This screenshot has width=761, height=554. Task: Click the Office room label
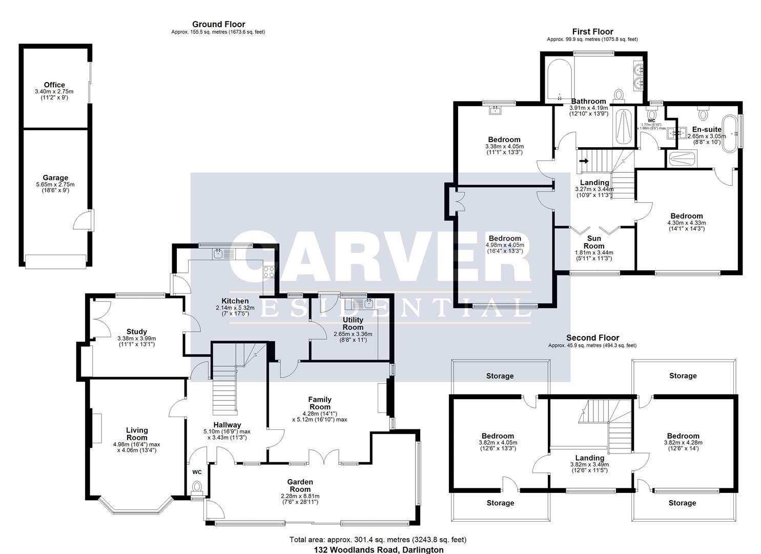[54, 85]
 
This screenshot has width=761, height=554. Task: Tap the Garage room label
[55, 178]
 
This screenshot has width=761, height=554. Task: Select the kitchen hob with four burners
[269, 272]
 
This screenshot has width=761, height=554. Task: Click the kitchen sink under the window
[219, 253]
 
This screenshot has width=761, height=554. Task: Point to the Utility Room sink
[368, 304]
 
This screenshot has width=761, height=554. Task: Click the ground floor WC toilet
[197, 487]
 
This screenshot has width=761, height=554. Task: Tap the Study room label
[136, 331]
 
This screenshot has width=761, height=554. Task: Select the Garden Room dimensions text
[300, 499]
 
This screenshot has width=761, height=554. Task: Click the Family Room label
[320, 403]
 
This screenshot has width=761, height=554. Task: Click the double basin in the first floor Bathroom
[639, 76]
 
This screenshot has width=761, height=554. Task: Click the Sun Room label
[594, 242]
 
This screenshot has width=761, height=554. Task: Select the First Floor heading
[592, 32]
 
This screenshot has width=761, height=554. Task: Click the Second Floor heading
[592, 338]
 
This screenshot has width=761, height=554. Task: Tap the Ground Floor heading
[218, 24]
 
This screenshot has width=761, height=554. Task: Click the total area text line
[378, 540]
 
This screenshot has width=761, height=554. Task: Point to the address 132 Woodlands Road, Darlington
[378, 549]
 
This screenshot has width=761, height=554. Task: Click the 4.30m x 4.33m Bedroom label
[686, 216]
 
